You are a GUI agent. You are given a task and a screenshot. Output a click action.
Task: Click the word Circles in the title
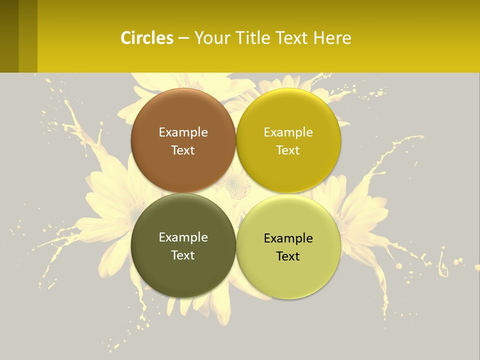pyautogui.click(x=146, y=38)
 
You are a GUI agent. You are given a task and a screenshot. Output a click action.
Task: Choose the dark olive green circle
pyautogui.click(x=183, y=275)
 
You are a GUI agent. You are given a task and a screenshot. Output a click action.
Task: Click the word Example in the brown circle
pyautogui.click(x=183, y=132)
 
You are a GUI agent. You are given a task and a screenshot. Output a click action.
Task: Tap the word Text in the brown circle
pyautogui.click(x=183, y=150)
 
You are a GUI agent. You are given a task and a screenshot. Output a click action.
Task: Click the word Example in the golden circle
pyautogui.click(x=288, y=132)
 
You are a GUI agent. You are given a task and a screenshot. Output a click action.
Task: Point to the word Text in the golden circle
pyautogui.click(x=288, y=150)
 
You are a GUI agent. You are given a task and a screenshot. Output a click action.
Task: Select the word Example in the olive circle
pyautogui.click(x=183, y=237)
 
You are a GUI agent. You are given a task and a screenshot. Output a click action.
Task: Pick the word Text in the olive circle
pyautogui.click(x=183, y=255)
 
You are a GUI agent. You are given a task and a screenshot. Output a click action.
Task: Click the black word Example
pyautogui.click(x=288, y=238)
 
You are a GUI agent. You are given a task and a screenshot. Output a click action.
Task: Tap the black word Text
pyautogui.click(x=288, y=256)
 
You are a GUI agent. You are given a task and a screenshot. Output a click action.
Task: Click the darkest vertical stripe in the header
pyautogui.click(x=9, y=36)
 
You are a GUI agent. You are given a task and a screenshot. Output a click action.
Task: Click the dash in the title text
pyautogui.click(x=183, y=38)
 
